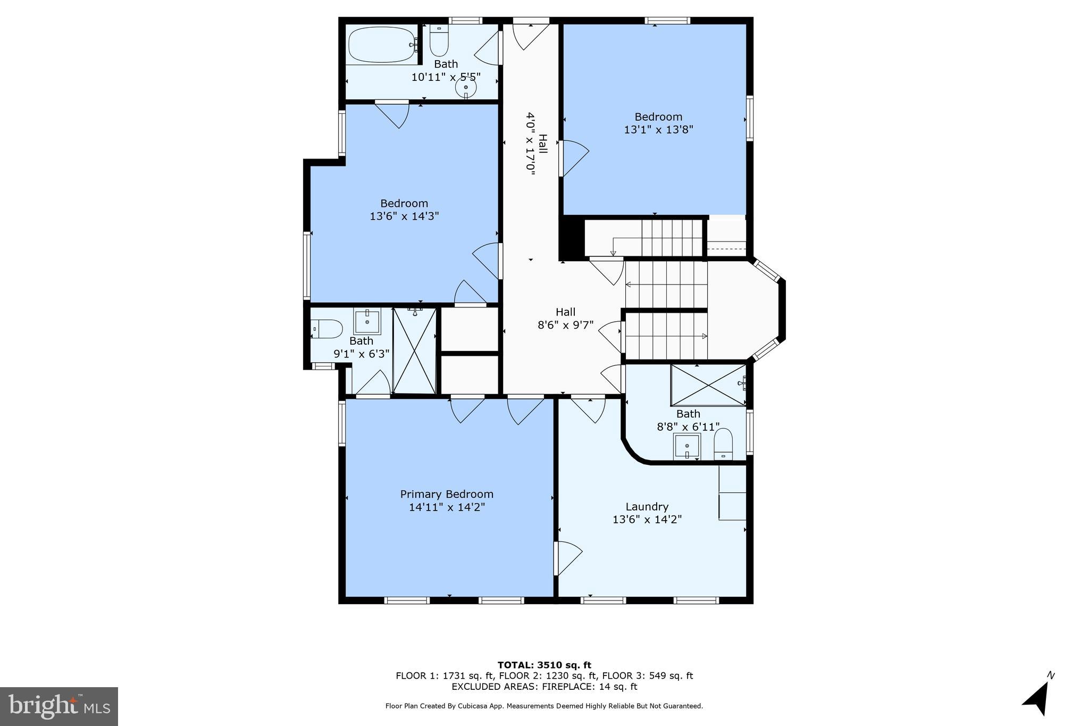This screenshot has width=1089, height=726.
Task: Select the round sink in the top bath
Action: (x=466, y=88)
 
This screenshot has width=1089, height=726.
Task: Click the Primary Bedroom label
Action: (x=447, y=494)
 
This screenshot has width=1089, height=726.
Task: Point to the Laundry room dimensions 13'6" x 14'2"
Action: (x=647, y=520)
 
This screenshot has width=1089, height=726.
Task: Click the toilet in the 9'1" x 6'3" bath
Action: (x=326, y=329)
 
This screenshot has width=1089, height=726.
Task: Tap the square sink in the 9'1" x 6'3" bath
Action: (x=367, y=321)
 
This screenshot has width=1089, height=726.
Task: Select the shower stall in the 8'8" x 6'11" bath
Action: (x=708, y=385)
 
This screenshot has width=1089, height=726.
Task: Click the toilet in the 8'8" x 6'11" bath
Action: (x=723, y=444)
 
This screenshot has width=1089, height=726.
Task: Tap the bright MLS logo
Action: (x=59, y=706)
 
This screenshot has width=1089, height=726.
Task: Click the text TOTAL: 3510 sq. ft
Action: (x=544, y=665)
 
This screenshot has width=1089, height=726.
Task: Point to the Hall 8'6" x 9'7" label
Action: (x=565, y=319)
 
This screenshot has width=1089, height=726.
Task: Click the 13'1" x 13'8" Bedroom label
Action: (x=658, y=123)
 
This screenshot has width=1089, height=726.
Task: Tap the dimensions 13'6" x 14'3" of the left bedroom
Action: (x=404, y=216)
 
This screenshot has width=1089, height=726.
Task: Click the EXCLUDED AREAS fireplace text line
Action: (x=544, y=687)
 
